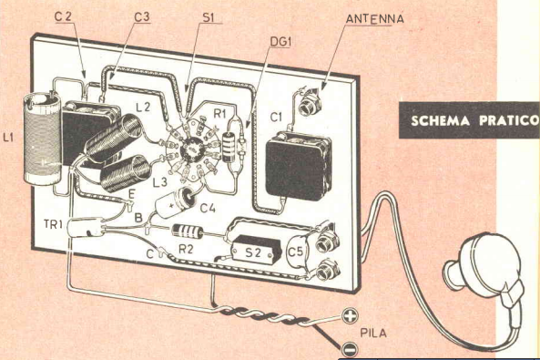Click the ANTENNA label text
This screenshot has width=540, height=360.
(x=374, y=18)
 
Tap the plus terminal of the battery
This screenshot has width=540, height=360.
(x=350, y=315)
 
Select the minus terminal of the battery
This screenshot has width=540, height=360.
(x=349, y=350)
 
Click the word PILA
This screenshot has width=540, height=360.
(x=373, y=333)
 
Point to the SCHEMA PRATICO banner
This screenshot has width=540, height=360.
(x=469, y=120)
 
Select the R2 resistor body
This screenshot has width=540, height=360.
(x=188, y=231)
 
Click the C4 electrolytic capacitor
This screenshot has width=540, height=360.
(x=175, y=202)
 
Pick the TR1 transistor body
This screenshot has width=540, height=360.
(x=86, y=227)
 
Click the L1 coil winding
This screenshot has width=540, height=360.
(x=42, y=139)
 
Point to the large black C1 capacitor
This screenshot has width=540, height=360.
(x=299, y=168)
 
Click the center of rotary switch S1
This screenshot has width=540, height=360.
(x=191, y=149)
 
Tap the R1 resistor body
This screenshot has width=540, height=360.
(x=229, y=148)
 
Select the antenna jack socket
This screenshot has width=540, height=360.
(x=310, y=105)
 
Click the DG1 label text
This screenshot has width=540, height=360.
(x=280, y=42)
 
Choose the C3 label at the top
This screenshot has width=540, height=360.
(x=141, y=17)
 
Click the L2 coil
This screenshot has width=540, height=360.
(x=113, y=138)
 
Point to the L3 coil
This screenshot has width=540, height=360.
(x=126, y=173)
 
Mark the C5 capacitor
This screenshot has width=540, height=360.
(x=297, y=251)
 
